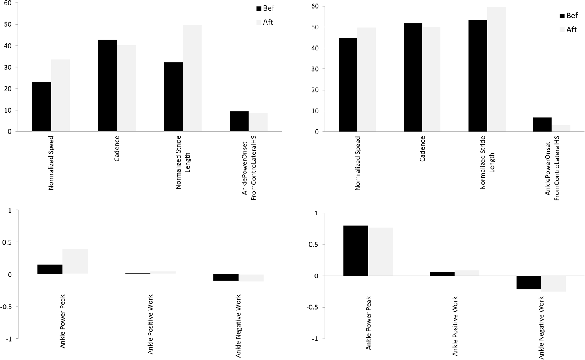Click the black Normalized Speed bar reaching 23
tap(41, 106)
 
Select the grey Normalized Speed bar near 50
tap(366, 80)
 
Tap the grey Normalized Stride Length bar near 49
tap(192, 78)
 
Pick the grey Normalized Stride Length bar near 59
tap(496, 70)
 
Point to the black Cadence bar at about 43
tap(107, 86)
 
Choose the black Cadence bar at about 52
tap(413, 77)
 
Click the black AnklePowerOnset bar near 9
tap(239, 121)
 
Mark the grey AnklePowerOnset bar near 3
tap(561, 128)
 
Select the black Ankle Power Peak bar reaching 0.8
tap(356, 251)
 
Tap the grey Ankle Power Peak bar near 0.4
tap(75, 261)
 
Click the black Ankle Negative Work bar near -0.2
tap(529, 283)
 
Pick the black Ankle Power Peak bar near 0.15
tap(50, 269)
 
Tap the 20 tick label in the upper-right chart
tap(315, 90)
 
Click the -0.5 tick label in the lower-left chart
tap(7, 306)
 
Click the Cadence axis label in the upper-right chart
tap(422, 149)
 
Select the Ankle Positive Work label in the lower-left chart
tap(150, 324)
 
